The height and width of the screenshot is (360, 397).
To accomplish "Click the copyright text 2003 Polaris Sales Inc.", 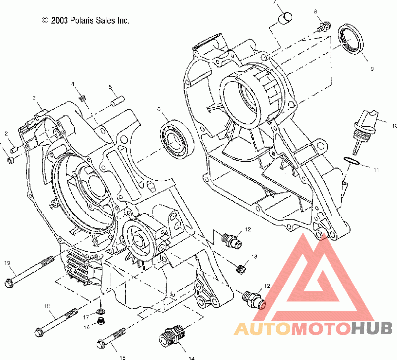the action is point(85,20).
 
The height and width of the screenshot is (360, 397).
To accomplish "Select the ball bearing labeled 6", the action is point(177,140).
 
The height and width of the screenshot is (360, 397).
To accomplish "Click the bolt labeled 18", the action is point(56,322).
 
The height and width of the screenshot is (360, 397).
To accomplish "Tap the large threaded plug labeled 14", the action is point(172,336).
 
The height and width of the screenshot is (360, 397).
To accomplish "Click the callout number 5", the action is point(110,87).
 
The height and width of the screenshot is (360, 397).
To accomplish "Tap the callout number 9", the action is point(372,69).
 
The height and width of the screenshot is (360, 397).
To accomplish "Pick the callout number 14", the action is point(191,358).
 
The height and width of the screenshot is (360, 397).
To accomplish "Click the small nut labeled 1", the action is point(10,160).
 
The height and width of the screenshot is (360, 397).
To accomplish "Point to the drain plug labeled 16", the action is point(101,321).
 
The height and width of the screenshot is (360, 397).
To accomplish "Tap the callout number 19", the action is point(7,263).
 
